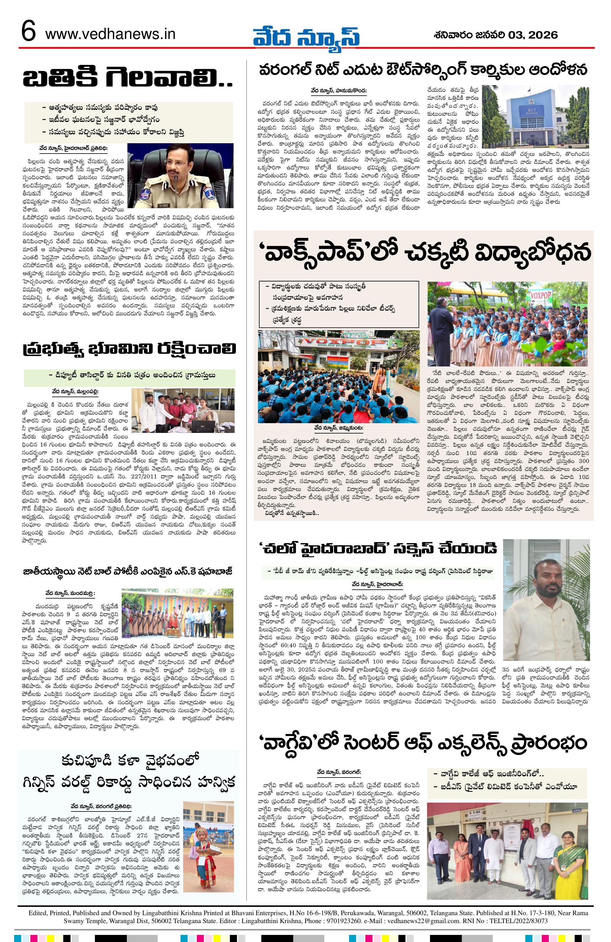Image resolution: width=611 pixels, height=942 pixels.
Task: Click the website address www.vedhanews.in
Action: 111,35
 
